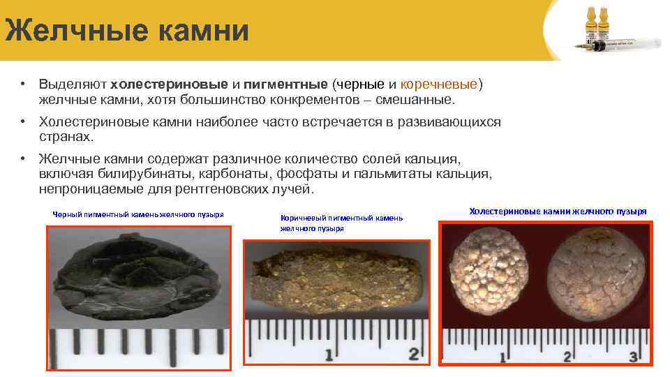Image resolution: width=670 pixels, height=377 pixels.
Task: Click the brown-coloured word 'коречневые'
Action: tap(440, 84)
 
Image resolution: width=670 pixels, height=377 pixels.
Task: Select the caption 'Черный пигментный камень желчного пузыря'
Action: tap(137, 214)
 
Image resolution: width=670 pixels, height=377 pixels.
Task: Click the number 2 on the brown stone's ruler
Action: tap(414, 354)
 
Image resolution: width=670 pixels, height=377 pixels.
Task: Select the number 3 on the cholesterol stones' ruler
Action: tap(634, 357)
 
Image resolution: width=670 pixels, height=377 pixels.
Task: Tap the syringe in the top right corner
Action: tap(628, 43)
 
